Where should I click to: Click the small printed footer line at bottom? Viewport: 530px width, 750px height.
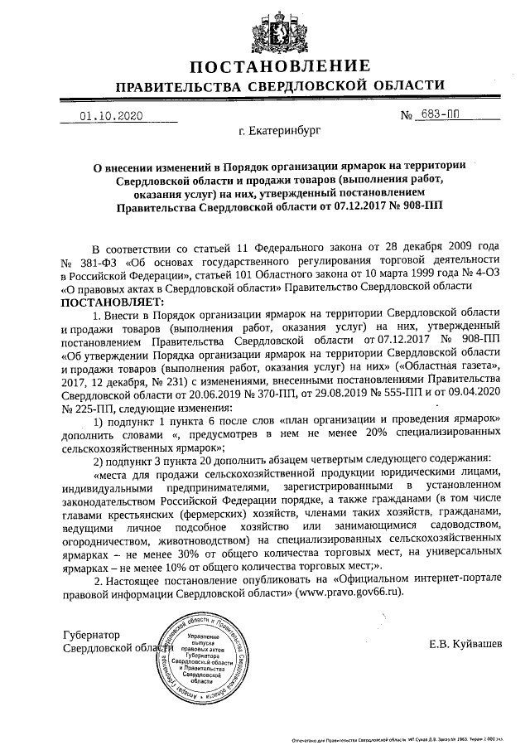coord(397,736)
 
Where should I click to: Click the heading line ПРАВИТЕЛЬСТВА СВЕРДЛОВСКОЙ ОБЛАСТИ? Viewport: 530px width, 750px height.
coord(279,86)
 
